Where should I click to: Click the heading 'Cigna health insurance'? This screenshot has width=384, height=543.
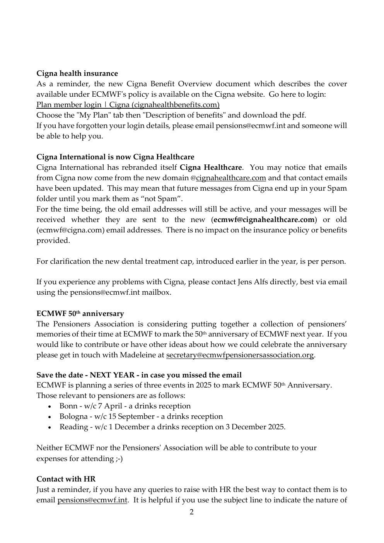(x=77, y=73)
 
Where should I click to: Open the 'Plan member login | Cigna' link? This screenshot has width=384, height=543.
(x=128, y=105)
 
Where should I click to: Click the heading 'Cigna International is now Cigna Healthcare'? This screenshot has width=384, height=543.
(x=115, y=157)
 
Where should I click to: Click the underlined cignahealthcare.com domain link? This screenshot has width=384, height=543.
(x=231, y=178)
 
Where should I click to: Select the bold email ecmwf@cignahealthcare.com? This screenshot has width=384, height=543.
(x=264, y=220)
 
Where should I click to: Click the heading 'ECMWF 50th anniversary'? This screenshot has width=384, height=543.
(x=80, y=314)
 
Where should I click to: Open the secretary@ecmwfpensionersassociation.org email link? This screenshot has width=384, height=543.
(x=240, y=355)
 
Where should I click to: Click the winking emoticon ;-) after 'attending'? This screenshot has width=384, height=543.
(x=118, y=459)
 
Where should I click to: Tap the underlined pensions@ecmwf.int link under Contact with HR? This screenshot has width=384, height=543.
(x=92, y=500)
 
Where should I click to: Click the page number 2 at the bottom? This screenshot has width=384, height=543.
(x=191, y=512)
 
